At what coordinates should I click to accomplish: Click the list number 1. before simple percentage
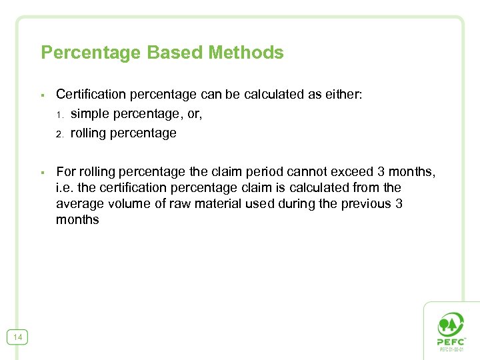59,115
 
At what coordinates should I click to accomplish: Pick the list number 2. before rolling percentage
59,134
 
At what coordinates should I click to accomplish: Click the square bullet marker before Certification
42,95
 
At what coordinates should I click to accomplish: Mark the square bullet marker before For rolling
42,173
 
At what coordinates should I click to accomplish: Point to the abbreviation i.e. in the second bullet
65,188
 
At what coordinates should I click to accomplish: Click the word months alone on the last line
77,220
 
